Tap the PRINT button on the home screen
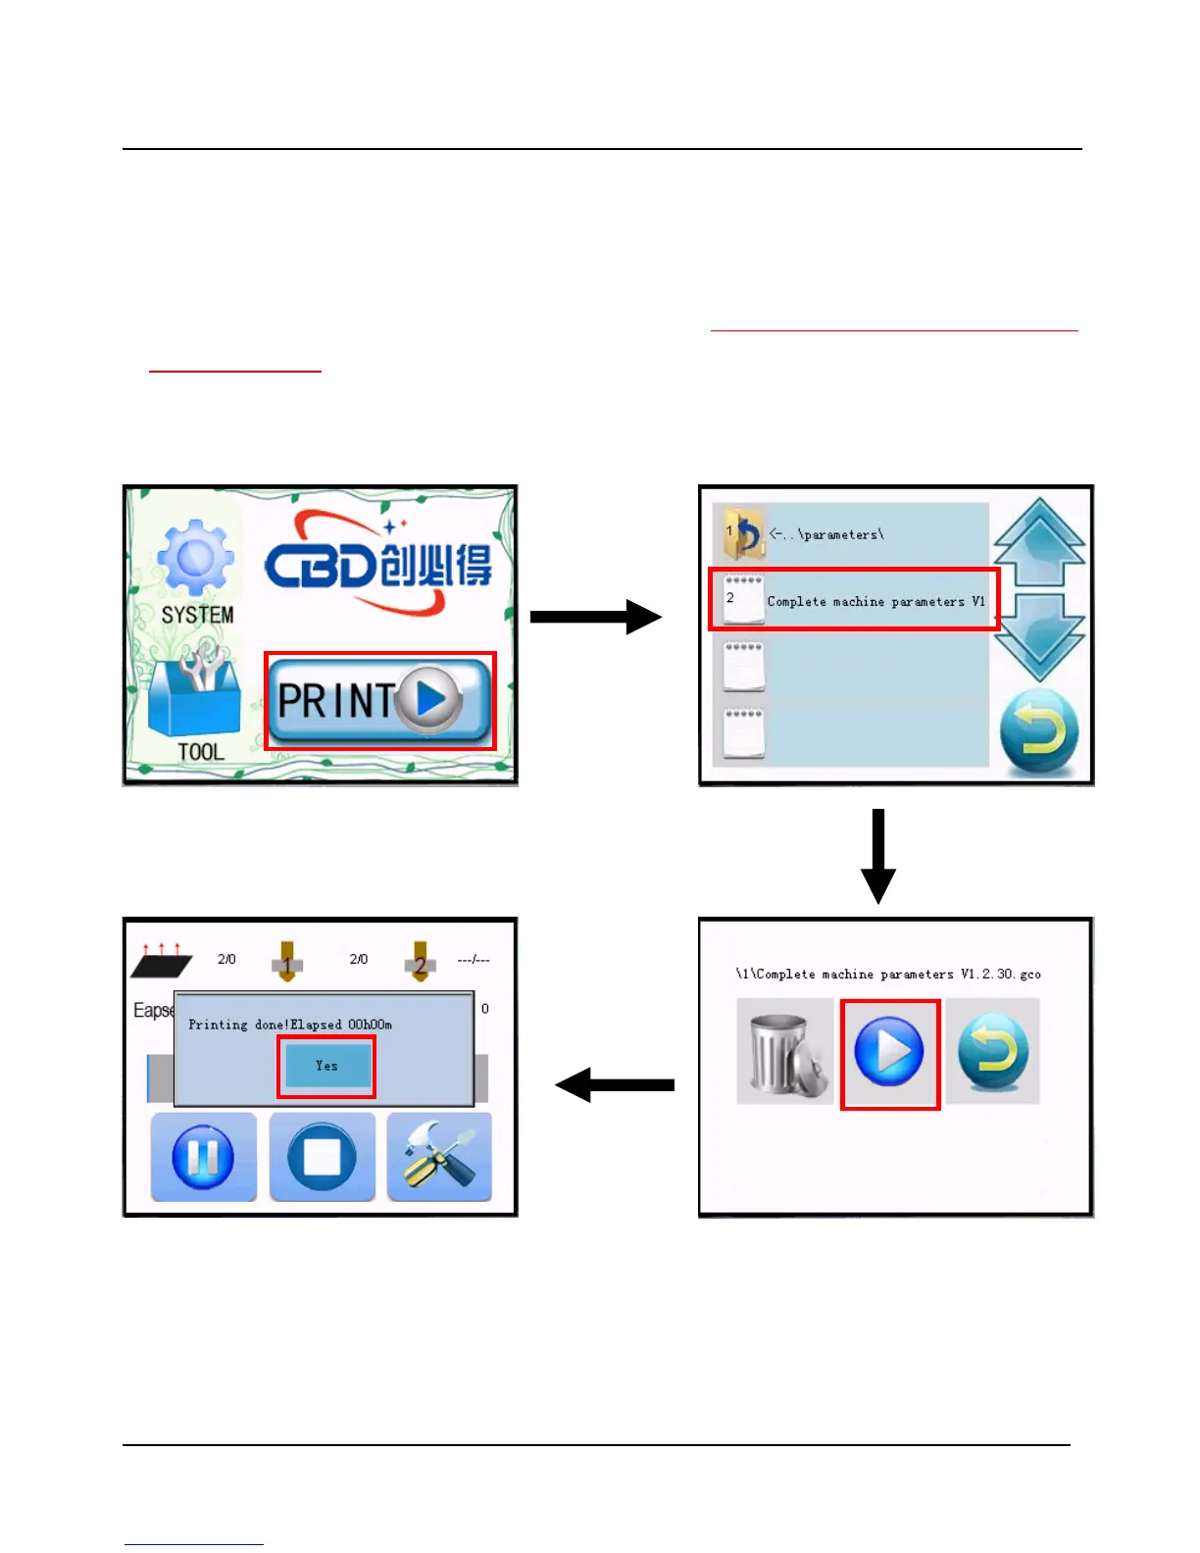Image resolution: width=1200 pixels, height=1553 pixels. pyautogui.click(x=379, y=700)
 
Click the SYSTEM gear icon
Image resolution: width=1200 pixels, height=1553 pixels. pyautogui.click(x=196, y=559)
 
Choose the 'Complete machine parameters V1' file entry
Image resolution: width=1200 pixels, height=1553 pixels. pyautogui.click(x=853, y=600)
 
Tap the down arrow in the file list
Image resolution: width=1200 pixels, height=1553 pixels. pyautogui.click(x=1039, y=637)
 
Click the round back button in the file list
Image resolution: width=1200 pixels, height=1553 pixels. pyautogui.click(x=1039, y=731)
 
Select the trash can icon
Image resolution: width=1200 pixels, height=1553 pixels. pyautogui.click(x=783, y=1052)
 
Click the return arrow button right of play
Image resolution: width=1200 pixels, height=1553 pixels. pyautogui.click(x=992, y=1052)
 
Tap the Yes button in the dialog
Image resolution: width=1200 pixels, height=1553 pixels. pyautogui.click(x=326, y=1066)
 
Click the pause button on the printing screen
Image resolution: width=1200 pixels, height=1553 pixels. pyautogui.click(x=203, y=1157)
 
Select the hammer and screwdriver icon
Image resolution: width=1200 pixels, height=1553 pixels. pyautogui.click(x=439, y=1157)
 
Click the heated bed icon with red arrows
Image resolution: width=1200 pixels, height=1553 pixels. pyautogui.click(x=161, y=961)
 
